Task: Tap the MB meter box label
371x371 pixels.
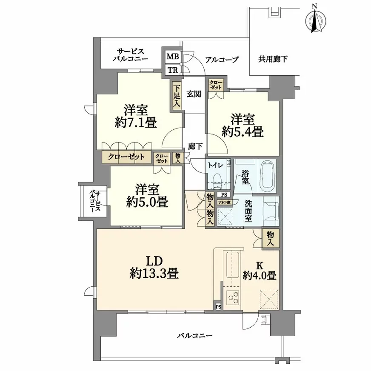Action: tap(173, 57)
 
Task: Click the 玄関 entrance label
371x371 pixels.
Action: tap(194, 94)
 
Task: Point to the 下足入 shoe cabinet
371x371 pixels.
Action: tap(177, 96)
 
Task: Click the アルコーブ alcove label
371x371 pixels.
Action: tap(222, 60)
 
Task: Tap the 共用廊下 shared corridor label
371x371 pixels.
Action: tap(273, 59)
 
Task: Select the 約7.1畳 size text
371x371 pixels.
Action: tap(136, 123)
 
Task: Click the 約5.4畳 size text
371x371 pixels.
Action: tap(243, 131)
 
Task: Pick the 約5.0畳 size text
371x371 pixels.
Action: tap(147, 202)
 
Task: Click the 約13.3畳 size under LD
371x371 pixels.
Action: tap(154, 274)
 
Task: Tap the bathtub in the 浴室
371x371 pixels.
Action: tap(268, 177)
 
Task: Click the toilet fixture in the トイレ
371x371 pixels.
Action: tap(217, 181)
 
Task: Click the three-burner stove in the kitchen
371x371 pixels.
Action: tap(232, 297)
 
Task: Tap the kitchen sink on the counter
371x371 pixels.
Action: tap(232, 265)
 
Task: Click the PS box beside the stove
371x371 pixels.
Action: tap(218, 307)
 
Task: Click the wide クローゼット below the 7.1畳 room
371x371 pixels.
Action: tap(126, 157)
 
